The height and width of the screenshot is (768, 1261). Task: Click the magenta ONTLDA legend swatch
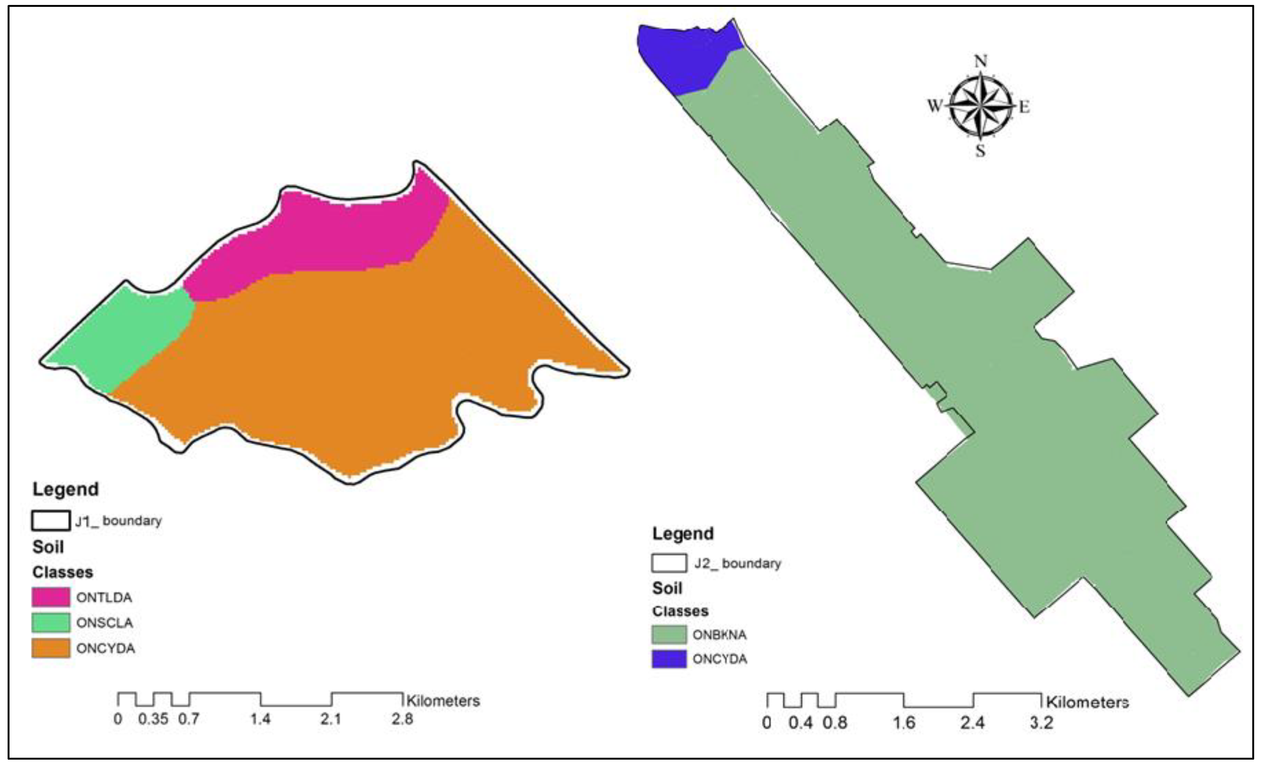tap(51, 597)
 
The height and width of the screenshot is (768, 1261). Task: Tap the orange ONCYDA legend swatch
tap(51, 648)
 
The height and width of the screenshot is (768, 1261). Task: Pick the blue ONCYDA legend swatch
tap(668, 659)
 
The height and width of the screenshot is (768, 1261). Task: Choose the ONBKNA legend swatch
tap(668, 634)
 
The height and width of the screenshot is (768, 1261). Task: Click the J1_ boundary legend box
tap(51, 521)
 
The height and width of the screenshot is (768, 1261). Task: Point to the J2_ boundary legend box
tap(668, 563)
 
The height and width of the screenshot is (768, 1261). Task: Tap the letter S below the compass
tap(980, 151)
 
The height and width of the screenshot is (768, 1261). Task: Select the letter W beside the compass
tap(935, 106)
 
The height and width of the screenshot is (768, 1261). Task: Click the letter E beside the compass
tap(1024, 107)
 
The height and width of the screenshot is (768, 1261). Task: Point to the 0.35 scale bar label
tap(153, 719)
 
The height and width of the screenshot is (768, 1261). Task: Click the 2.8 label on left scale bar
tap(402, 719)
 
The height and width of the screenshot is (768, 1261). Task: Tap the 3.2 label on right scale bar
tap(1041, 723)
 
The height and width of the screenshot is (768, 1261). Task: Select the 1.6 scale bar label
tap(904, 723)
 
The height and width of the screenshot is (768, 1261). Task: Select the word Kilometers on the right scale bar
tap(1087, 702)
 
